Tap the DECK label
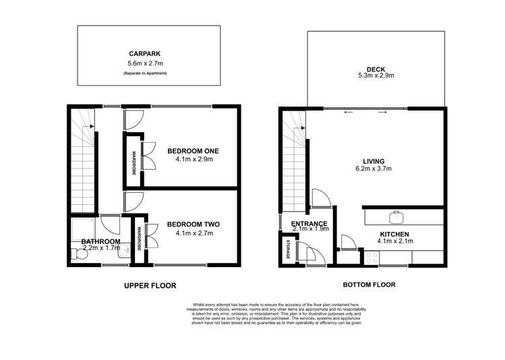(376, 69)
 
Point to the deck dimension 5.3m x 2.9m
(376, 76)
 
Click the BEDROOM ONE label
(193, 150)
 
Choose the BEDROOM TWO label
(193, 224)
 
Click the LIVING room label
(374, 161)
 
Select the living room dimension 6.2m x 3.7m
(374, 169)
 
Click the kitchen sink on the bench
(396, 217)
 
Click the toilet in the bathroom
(75, 254)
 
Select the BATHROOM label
(100, 241)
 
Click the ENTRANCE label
(309, 224)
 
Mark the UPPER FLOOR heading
(150, 286)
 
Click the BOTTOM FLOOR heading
(369, 284)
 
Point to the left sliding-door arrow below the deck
(348, 112)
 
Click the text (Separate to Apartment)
(145, 73)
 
